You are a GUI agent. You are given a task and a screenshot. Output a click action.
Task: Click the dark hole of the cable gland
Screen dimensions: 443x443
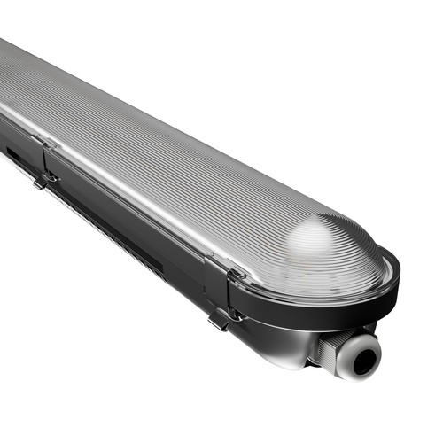[x=362, y=356]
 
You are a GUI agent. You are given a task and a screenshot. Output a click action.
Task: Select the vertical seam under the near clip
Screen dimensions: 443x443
[x=213, y=292]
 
